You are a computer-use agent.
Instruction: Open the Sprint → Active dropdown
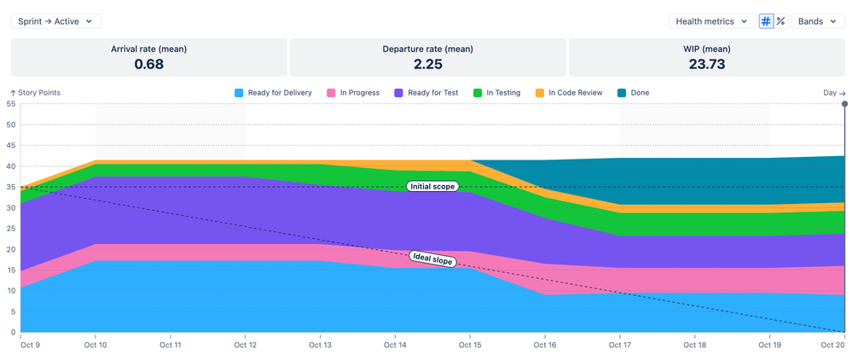click(55, 21)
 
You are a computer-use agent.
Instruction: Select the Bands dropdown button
click(818, 21)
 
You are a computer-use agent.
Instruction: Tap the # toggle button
click(766, 21)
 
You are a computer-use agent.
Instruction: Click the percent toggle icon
click(780, 21)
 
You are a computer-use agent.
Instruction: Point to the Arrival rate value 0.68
click(148, 64)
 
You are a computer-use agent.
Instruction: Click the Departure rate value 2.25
click(427, 64)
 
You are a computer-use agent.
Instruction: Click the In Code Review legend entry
click(570, 93)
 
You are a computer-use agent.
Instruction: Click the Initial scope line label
click(432, 187)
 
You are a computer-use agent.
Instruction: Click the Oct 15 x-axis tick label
click(470, 345)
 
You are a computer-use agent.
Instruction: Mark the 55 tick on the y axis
click(11, 104)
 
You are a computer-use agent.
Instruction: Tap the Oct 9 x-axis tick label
click(30, 345)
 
